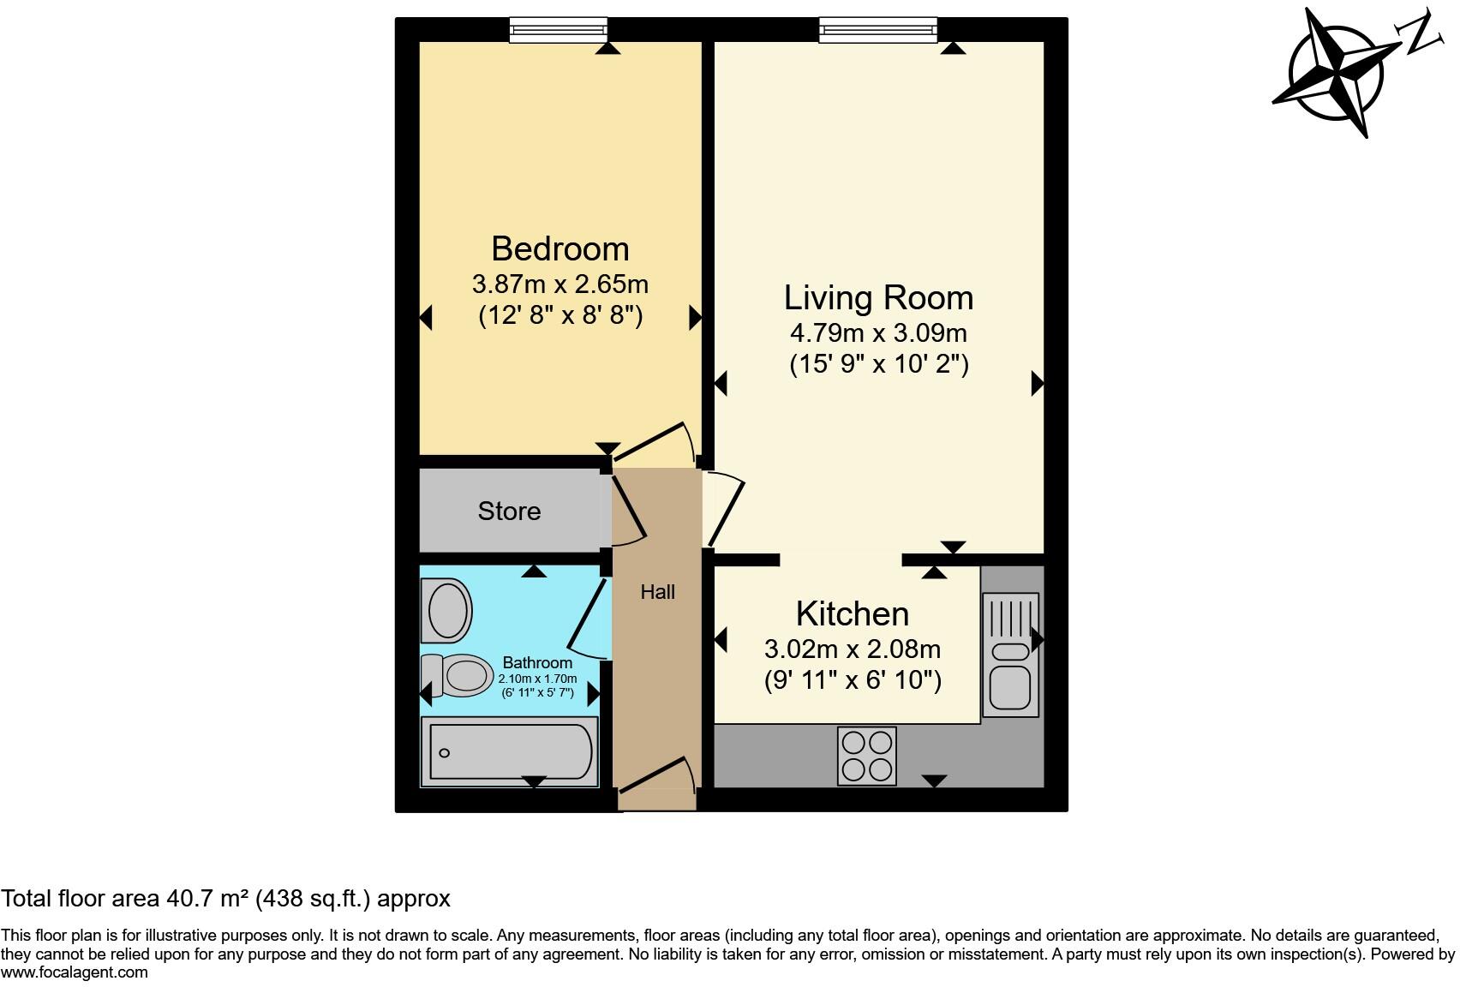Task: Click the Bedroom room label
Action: tap(559, 249)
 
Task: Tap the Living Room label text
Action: tap(878, 298)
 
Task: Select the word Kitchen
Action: tap(852, 614)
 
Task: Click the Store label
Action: tap(509, 511)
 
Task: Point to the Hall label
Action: tap(657, 592)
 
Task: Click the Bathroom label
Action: tap(537, 662)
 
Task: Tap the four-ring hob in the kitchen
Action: tap(866, 756)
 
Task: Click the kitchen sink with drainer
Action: tap(1010, 655)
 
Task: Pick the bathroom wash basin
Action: tap(446, 611)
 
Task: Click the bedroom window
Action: tap(559, 30)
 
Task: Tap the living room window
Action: tap(877, 30)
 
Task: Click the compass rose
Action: tap(1337, 72)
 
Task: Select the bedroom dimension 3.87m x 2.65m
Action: tap(559, 284)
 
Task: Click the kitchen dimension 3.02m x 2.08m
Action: tap(852, 649)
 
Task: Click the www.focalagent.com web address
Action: tap(75, 972)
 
